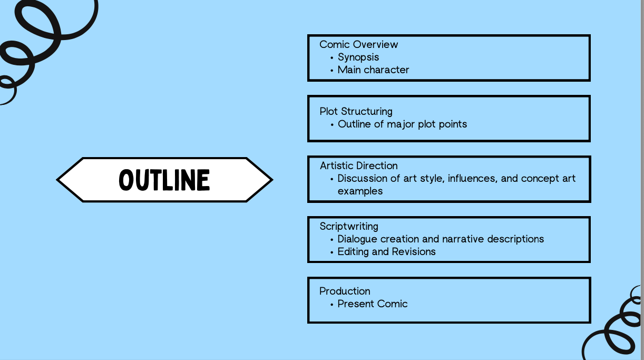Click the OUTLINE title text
(164, 180)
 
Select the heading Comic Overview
(358, 44)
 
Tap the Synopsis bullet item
(358, 57)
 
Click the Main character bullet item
(373, 70)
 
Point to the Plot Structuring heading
(356, 111)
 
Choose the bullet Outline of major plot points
(402, 124)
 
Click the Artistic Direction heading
(358, 166)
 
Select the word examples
(360, 191)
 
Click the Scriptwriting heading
(349, 226)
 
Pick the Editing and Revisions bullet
(386, 251)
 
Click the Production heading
(345, 291)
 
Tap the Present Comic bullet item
(373, 304)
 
